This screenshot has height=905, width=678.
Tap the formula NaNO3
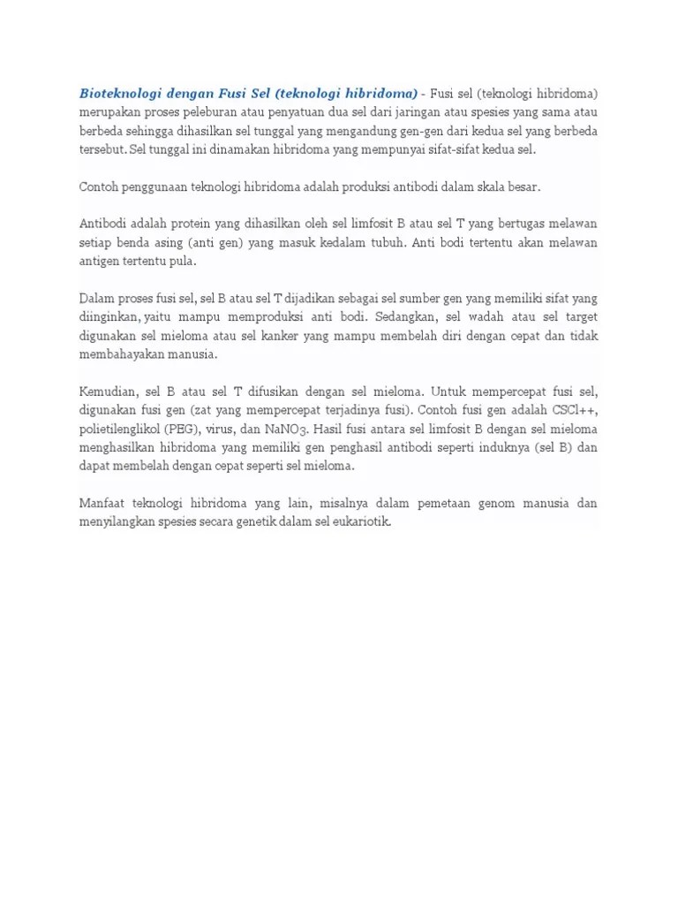pyautogui.click(x=307, y=430)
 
